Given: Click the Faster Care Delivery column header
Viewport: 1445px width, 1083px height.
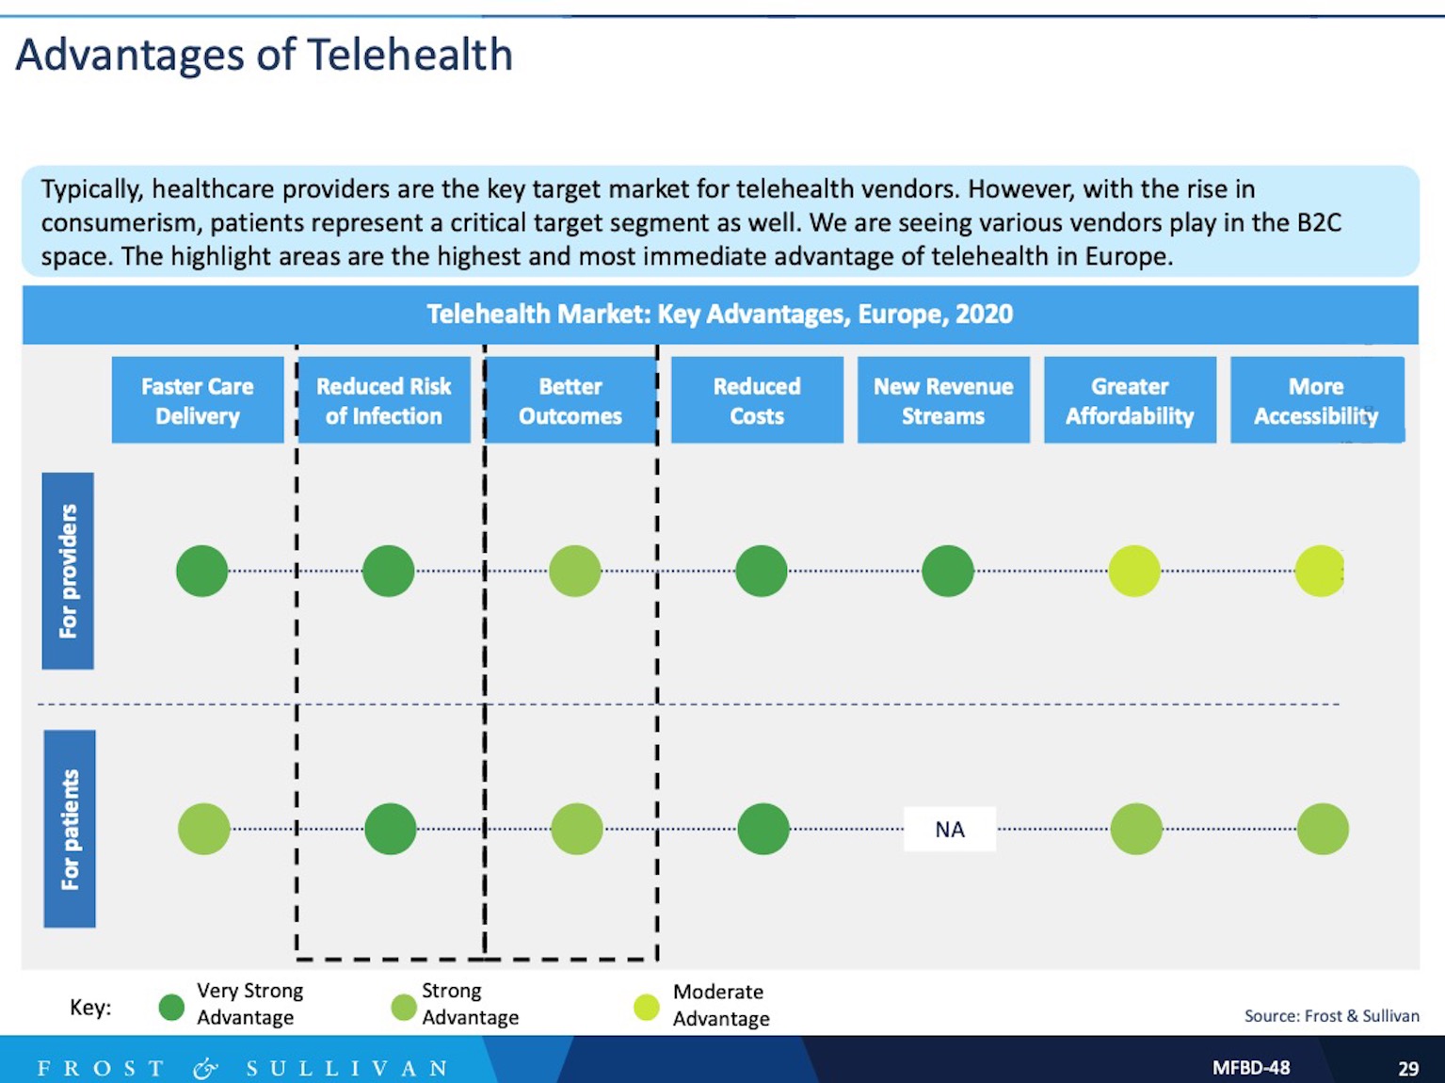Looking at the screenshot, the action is click(x=198, y=399).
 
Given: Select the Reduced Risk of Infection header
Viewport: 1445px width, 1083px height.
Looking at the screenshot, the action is click(x=384, y=399).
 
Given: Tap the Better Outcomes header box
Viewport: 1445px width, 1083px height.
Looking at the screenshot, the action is click(x=570, y=399).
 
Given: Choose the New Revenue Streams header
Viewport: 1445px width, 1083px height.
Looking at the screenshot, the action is click(x=943, y=399).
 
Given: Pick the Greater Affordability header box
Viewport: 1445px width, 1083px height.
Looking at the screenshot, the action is click(x=1130, y=399).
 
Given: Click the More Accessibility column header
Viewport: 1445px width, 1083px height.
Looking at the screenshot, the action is click(x=1317, y=399).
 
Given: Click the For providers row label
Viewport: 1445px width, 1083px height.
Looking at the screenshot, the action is click(x=68, y=571).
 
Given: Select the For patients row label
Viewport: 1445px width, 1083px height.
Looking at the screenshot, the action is click(x=70, y=829).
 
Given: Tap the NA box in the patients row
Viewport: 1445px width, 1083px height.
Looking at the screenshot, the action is click(x=949, y=829).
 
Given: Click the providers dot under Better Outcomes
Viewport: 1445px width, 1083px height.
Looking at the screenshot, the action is click(x=575, y=571).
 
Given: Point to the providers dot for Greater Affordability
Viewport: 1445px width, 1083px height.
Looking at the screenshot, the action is click(x=1133, y=571).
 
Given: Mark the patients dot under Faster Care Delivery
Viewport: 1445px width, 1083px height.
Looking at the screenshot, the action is click(x=204, y=829).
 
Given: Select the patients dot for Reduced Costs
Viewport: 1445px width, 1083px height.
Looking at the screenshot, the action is click(x=763, y=829).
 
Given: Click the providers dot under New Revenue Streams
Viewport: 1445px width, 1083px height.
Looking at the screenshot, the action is click(x=947, y=571).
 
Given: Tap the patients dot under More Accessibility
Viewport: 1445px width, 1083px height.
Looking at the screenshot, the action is click(x=1323, y=829).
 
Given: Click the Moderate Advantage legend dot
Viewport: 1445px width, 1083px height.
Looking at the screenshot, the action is click(x=647, y=1008).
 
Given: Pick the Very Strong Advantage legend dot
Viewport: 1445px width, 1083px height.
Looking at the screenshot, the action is click(x=172, y=1008).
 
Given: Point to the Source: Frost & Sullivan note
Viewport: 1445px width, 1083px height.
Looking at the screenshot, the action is click(x=1331, y=1016).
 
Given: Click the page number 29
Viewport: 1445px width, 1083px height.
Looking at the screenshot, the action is click(x=1408, y=1068).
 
